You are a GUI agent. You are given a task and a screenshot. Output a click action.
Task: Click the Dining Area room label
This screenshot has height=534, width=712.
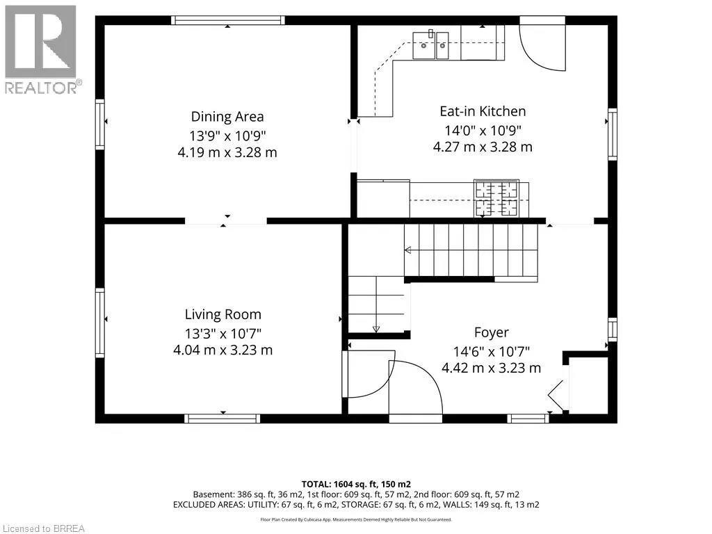click(227, 117)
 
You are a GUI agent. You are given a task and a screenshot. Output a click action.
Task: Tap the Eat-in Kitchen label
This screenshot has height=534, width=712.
click(483, 111)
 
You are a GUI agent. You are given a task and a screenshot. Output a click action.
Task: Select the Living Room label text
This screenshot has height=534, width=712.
click(223, 314)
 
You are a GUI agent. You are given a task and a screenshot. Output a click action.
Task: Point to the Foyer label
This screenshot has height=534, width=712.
click(492, 332)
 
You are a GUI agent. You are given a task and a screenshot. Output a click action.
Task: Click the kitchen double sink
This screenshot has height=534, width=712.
click(430, 45)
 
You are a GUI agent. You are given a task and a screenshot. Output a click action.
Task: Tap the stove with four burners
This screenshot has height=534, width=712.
click(496, 198)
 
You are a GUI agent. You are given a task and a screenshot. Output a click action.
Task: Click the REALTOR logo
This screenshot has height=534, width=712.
click(42, 49)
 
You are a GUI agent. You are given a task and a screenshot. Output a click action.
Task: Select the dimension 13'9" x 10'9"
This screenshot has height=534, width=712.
click(227, 136)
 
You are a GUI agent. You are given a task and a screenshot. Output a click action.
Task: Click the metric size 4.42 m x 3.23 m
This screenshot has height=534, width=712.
click(492, 368)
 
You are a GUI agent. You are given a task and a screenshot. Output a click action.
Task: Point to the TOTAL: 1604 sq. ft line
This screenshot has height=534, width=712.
click(356, 485)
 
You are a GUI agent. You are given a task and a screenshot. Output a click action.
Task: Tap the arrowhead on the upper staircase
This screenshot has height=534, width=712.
click(407, 250)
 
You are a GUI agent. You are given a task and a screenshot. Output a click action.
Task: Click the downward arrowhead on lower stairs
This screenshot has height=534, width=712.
click(376, 329)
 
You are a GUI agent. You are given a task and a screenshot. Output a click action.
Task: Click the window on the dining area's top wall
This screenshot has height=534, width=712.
click(228, 20)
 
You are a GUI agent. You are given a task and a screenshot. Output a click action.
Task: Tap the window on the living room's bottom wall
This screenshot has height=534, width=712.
click(222, 419)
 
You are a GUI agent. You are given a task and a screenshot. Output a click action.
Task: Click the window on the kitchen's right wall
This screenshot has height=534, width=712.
click(613, 134)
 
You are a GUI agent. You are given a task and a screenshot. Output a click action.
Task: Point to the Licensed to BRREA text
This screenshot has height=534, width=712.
click(42, 528)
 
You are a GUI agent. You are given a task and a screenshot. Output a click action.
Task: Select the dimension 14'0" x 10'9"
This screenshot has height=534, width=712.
click(483, 130)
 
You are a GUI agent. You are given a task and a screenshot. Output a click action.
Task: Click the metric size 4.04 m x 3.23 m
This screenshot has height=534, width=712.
click(223, 350)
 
